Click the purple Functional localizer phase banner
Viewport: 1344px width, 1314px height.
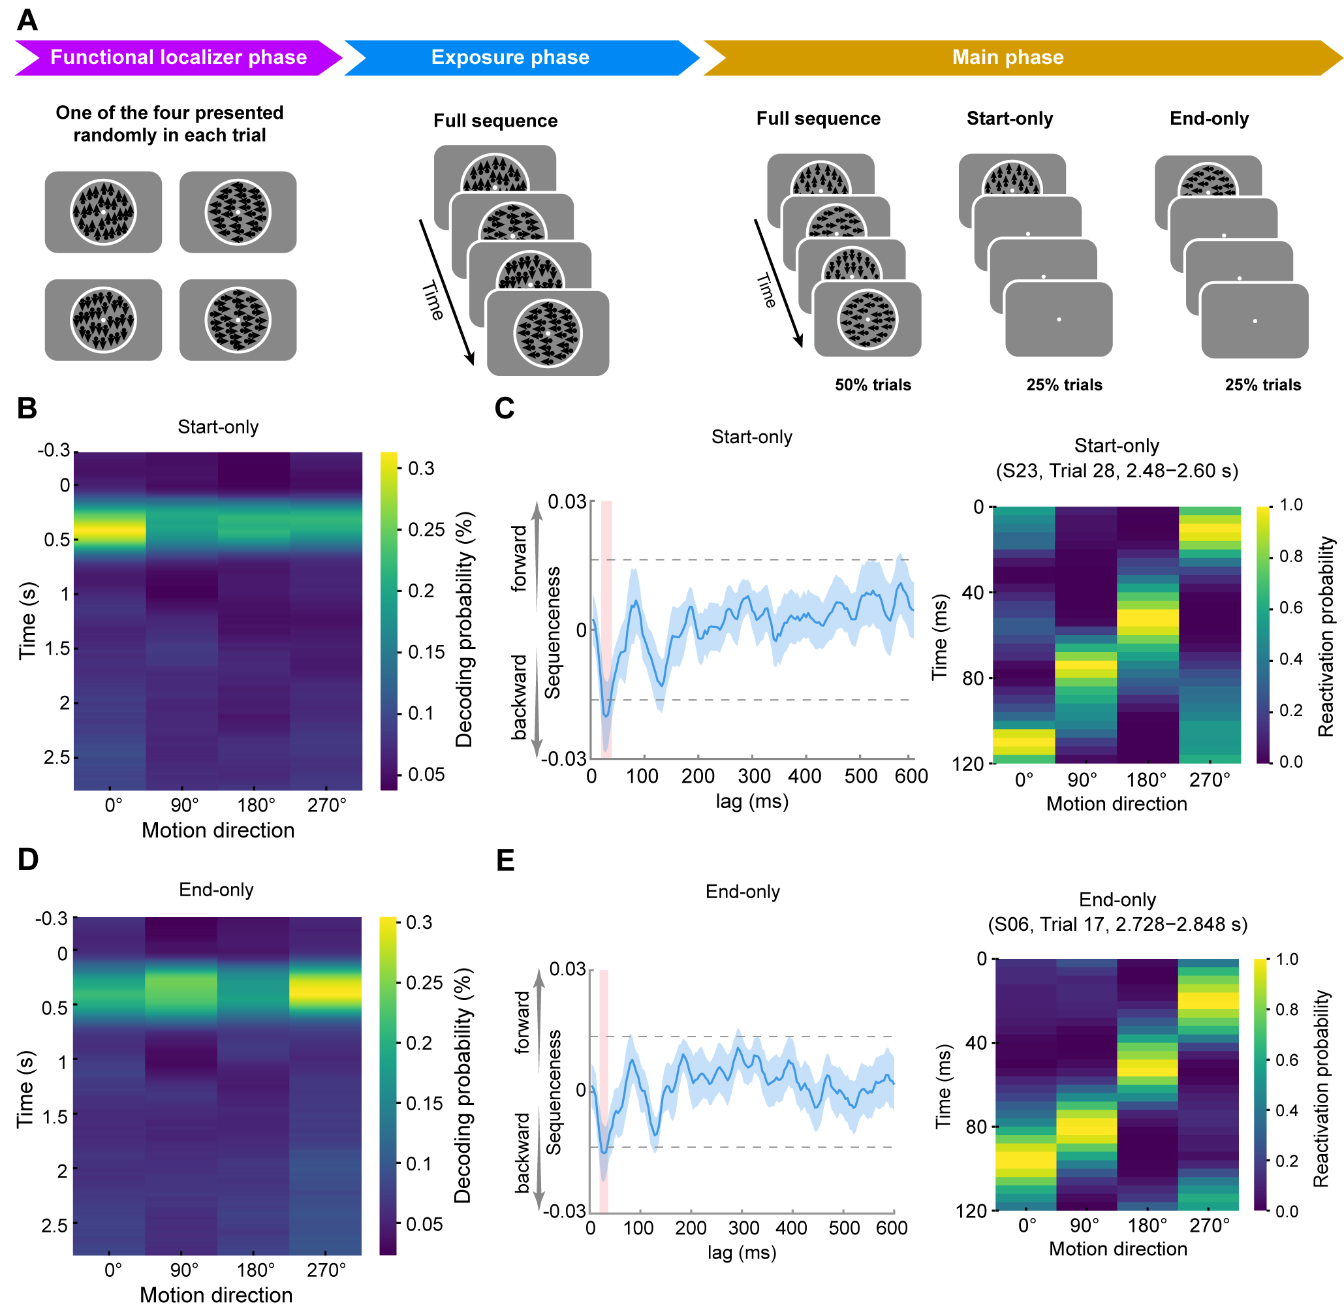178,57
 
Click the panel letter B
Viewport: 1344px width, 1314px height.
27,408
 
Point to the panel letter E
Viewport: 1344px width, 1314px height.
505,860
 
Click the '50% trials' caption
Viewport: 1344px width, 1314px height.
872,384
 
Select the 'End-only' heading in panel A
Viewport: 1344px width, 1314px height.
1208,118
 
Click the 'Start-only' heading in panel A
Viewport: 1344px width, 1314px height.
1008,118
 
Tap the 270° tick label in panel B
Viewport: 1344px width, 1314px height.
326,805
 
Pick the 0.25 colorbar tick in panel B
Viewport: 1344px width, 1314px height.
426,529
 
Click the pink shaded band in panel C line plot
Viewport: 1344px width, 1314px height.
606,628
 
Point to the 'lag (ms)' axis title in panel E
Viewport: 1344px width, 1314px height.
742,1252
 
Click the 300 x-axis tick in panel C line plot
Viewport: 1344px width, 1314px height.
753,775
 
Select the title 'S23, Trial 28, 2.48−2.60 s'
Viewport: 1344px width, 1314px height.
1116,471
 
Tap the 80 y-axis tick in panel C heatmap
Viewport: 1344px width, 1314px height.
973,678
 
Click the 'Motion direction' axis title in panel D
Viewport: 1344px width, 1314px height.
216,1294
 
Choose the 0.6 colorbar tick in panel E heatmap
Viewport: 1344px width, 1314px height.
1286,1060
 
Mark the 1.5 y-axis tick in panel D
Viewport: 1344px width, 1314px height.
55,1116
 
